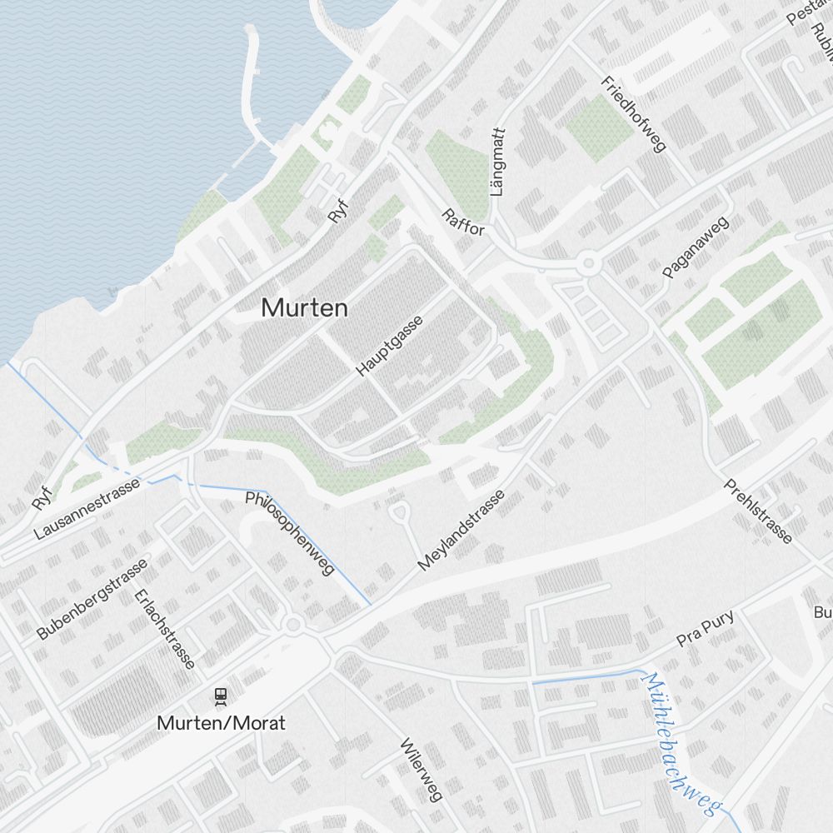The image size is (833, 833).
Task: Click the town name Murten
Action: [x=304, y=307]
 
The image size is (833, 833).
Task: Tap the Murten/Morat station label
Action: [x=221, y=722]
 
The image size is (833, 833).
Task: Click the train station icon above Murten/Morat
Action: [x=221, y=694]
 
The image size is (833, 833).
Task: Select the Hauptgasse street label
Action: [x=389, y=345]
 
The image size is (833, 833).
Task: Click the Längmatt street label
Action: [x=498, y=162]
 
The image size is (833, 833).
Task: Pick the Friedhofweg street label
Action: [x=634, y=115]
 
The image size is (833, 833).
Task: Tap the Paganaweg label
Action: [x=696, y=247]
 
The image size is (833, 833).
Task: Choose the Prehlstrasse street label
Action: [x=758, y=511]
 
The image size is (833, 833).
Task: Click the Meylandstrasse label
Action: [x=461, y=531]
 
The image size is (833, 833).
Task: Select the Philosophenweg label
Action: [x=290, y=533]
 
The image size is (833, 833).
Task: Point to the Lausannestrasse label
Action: [x=87, y=508]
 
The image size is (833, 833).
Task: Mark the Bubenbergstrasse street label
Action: [x=92, y=599]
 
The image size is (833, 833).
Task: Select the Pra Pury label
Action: [x=706, y=629]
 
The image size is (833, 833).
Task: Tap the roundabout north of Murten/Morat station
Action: [x=293, y=625]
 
